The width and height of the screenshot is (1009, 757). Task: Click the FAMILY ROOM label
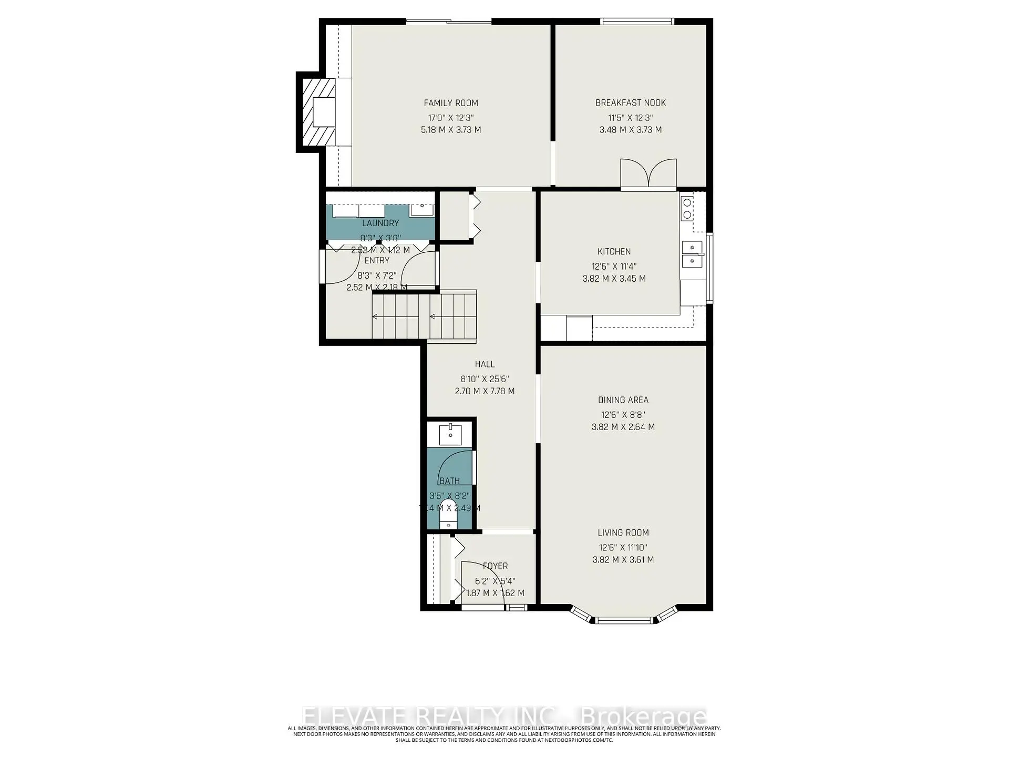click(451, 103)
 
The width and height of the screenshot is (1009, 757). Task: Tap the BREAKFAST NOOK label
click(630, 103)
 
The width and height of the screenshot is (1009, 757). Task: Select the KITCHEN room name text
click(614, 252)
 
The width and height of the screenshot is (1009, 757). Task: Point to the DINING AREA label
click(623, 400)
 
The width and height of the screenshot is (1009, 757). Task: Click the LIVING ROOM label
click(623, 533)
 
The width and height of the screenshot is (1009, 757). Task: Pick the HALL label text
click(485, 364)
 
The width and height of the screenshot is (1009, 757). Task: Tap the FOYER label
click(495, 566)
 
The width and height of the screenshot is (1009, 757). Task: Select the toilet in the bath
click(448, 515)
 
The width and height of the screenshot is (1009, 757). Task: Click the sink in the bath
click(450, 434)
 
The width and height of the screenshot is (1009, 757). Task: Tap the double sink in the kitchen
click(693, 254)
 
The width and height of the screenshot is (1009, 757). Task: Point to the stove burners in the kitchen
click(687, 208)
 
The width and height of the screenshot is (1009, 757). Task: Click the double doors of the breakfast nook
click(648, 173)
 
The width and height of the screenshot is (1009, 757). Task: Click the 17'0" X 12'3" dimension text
click(451, 118)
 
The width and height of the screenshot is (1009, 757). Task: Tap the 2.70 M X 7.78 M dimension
click(485, 392)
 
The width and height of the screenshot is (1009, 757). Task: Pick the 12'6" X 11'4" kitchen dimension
click(614, 267)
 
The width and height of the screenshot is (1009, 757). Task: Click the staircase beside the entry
click(424, 317)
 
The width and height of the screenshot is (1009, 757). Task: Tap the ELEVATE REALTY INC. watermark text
click(428, 717)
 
